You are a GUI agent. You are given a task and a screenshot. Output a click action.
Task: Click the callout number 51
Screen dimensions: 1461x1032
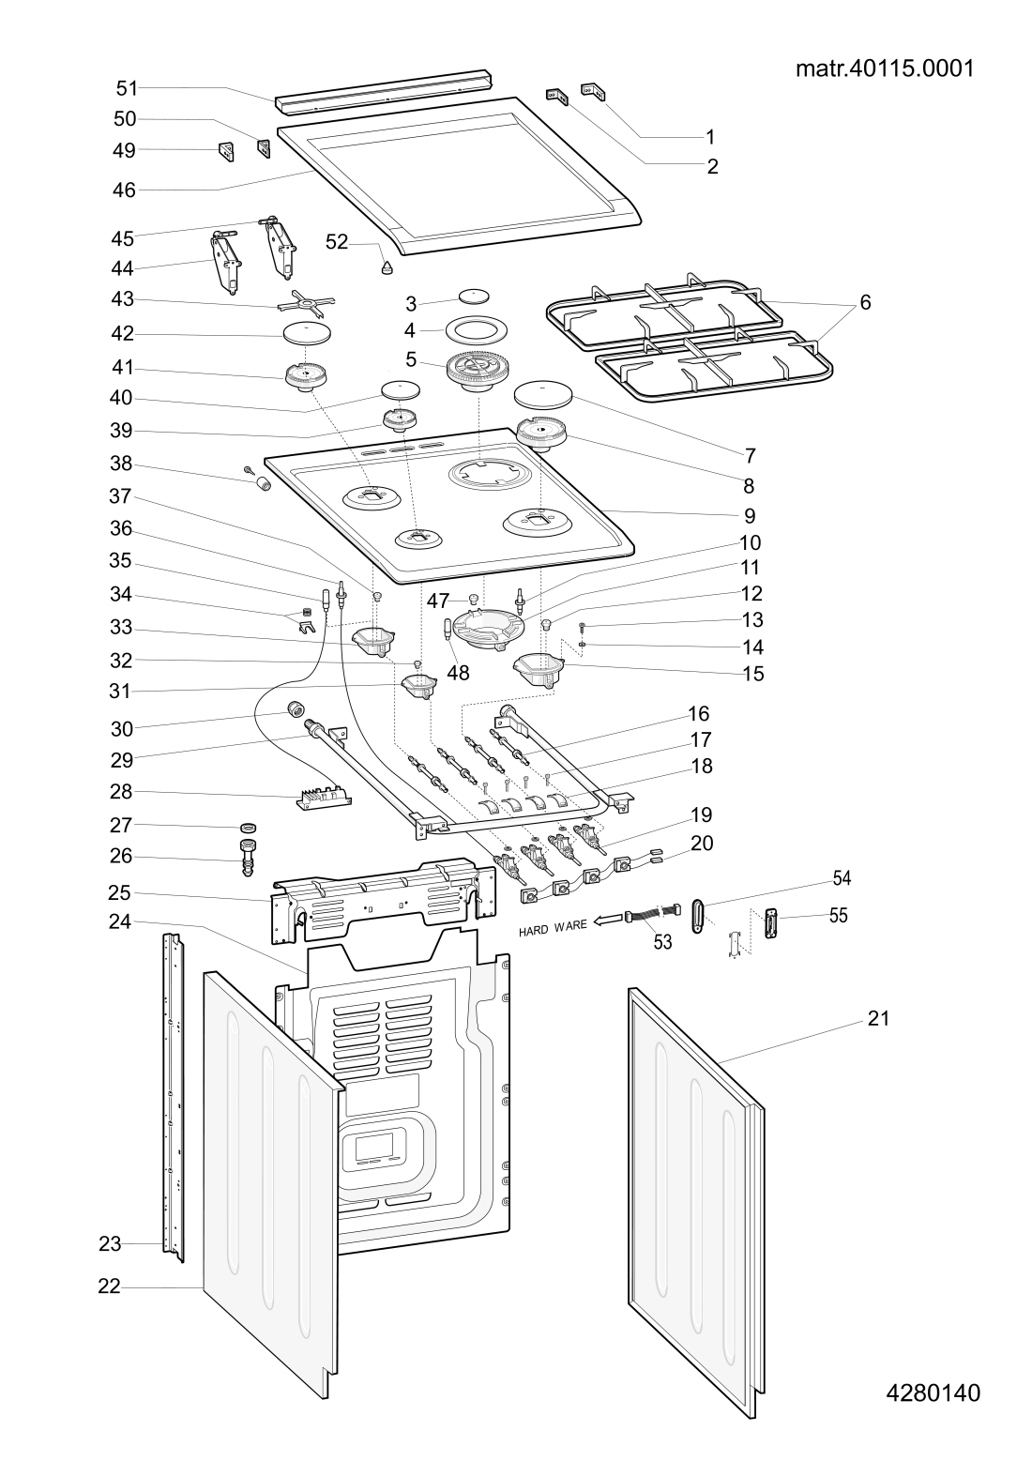pos(127,88)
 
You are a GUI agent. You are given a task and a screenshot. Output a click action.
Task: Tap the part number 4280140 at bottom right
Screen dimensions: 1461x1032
pos(933,1393)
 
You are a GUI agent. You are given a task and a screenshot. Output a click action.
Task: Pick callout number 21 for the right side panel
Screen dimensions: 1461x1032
pos(877,1018)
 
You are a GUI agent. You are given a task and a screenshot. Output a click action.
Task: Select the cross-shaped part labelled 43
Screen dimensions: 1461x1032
pos(306,302)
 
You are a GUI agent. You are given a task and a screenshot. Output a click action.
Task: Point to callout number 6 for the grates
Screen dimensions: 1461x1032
pos(865,302)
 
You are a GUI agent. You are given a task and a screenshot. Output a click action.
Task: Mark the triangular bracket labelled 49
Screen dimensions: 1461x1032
pos(226,151)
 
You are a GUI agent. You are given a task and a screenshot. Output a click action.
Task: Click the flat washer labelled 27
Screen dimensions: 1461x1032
pos(249,827)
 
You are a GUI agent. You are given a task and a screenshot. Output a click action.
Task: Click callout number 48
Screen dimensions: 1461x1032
pos(458,672)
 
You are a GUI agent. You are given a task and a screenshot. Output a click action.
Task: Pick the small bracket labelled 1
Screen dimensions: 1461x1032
pos(594,90)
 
